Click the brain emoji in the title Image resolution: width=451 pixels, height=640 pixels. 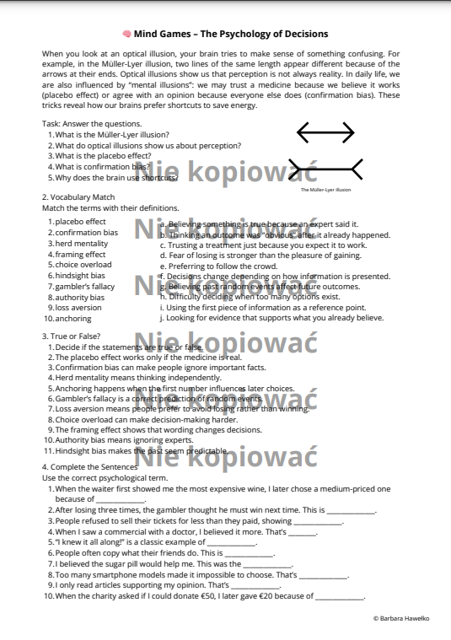point(126,34)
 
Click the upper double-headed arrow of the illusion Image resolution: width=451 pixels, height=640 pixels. point(326,132)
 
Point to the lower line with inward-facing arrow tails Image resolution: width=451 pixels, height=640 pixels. point(326,169)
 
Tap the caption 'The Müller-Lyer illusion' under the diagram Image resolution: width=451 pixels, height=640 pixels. point(325,190)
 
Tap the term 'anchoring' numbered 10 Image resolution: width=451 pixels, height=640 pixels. point(73,319)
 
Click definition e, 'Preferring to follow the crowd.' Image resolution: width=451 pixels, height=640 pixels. point(218,266)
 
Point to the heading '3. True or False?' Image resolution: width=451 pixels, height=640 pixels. point(71,336)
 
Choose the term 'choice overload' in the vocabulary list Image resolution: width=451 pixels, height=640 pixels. point(83,265)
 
